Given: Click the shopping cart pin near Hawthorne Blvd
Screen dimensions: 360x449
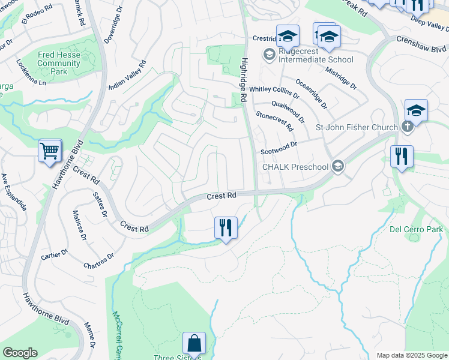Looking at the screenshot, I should tap(50, 151).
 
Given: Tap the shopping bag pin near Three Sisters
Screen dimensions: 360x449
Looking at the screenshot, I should tap(194, 344).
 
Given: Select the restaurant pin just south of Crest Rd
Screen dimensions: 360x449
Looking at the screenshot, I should tap(226, 228).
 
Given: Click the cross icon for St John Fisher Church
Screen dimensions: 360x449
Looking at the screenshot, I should tap(407, 127).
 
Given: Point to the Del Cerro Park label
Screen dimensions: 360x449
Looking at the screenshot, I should tap(417, 229).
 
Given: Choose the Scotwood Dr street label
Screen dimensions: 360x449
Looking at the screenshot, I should tap(279, 148).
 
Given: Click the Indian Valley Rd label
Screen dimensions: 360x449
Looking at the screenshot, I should tap(128, 75).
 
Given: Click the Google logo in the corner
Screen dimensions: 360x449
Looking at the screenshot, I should tap(20, 353).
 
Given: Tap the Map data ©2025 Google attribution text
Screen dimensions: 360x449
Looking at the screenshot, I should tap(412, 355).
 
